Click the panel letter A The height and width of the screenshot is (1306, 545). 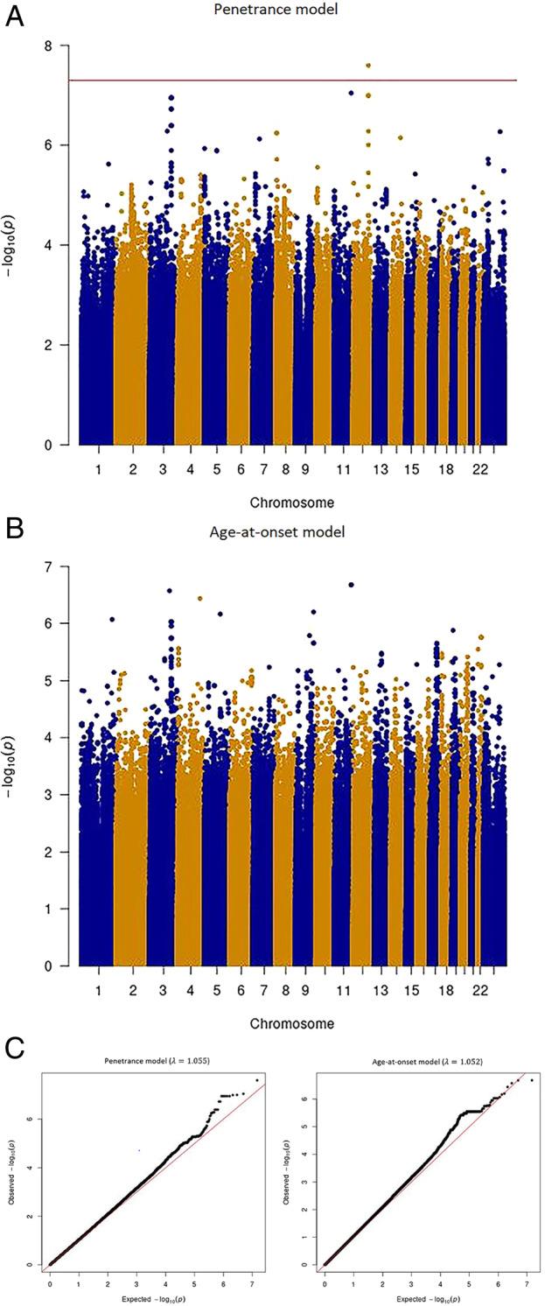click(x=15, y=17)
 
